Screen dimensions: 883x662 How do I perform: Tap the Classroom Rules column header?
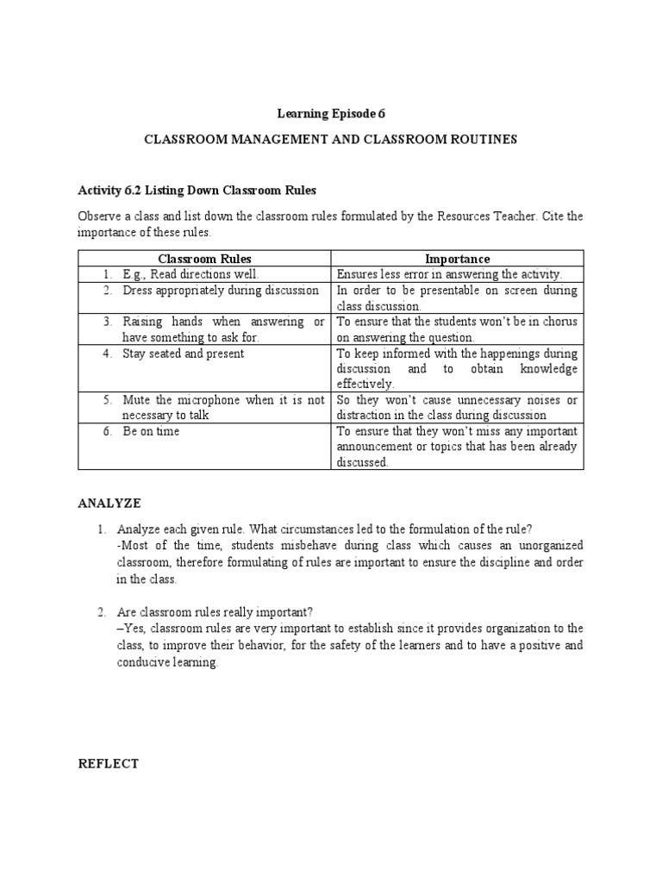204,259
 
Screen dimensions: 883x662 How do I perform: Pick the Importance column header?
458,259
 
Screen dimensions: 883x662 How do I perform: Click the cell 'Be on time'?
151,431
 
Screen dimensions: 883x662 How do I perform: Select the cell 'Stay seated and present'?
183,354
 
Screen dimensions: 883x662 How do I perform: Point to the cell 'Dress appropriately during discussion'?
220,291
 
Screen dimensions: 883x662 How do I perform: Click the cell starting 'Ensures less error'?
448,274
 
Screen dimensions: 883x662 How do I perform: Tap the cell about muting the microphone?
222,407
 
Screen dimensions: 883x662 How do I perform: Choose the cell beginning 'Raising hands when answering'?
222,329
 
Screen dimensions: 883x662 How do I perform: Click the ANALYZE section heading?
109,503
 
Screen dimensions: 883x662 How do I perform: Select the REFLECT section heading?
108,764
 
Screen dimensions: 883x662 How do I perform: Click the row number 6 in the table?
108,431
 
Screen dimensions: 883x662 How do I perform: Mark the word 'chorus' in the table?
560,322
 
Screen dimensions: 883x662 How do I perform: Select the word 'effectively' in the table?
365,384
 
